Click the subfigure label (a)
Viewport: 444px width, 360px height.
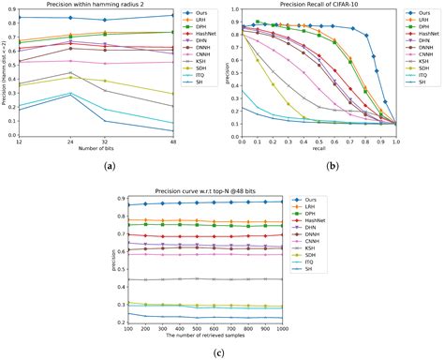(x=111, y=165)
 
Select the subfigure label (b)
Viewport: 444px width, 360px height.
(x=332, y=165)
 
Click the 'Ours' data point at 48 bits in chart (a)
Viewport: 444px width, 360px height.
(x=171, y=15)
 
